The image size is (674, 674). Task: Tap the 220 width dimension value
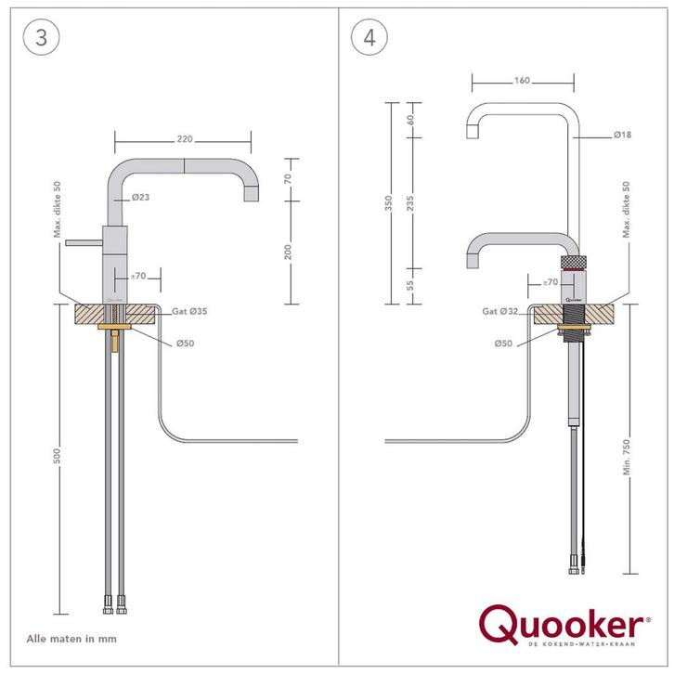pos(183,138)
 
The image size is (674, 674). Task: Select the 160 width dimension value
pos(522,81)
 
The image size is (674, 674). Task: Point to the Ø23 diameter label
pos(142,197)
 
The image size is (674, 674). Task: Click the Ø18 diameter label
pos(623,136)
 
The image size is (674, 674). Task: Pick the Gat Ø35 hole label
pos(188,312)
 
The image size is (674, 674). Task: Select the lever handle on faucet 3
pos(86,240)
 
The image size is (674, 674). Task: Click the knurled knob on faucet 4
pos(576,259)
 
